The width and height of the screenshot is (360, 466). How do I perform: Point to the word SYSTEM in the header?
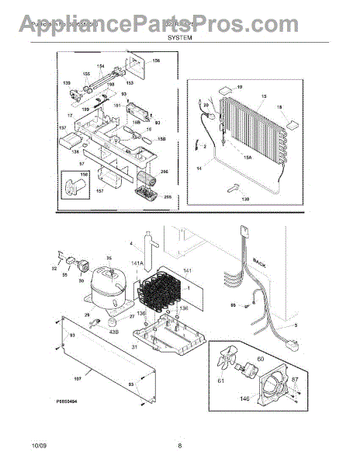179,36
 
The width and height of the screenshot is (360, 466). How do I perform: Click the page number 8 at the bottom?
179,445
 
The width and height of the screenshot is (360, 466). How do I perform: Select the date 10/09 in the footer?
40,445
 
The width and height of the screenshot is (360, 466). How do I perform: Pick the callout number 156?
155,60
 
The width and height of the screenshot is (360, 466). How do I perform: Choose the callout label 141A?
138,265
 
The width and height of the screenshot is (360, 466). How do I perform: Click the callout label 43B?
114,332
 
